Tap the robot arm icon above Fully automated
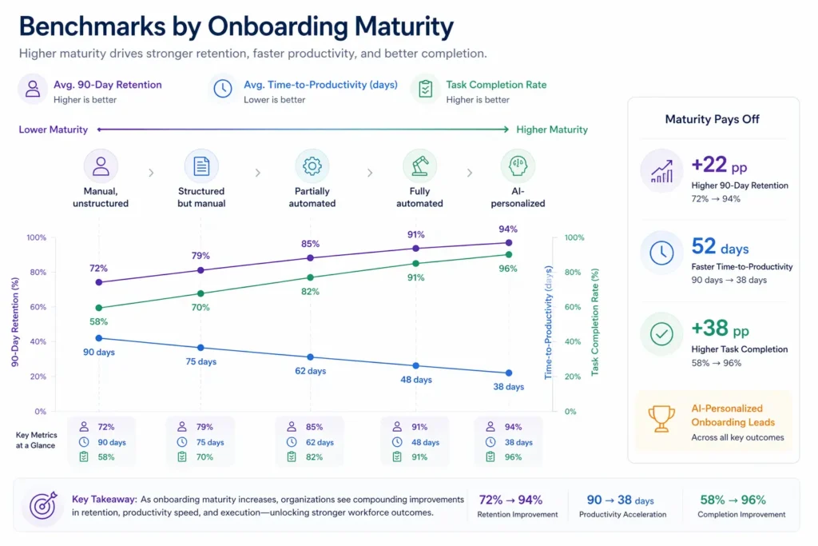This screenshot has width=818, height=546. point(419,166)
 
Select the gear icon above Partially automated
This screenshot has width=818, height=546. point(312,166)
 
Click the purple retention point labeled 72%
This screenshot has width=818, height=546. point(99,282)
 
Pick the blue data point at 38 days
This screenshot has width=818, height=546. point(509,373)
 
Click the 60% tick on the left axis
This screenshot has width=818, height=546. point(36,307)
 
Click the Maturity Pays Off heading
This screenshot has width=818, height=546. point(712,119)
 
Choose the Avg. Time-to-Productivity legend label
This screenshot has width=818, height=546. point(320,85)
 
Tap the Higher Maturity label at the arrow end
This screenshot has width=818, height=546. point(552,130)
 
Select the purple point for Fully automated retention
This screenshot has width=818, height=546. point(415,249)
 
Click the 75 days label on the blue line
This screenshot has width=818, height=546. point(201,361)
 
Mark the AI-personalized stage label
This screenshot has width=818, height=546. point(518,197)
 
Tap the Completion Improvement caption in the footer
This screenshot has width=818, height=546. point(741,515)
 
